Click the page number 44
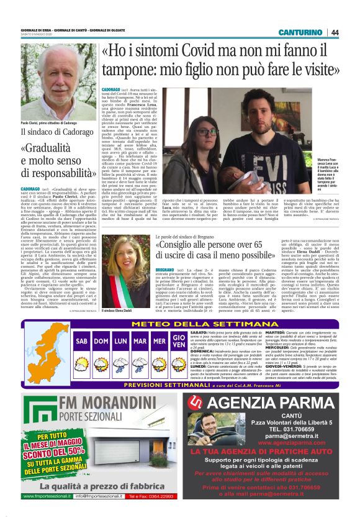click(335, 32)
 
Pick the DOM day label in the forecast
click(101, 341)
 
